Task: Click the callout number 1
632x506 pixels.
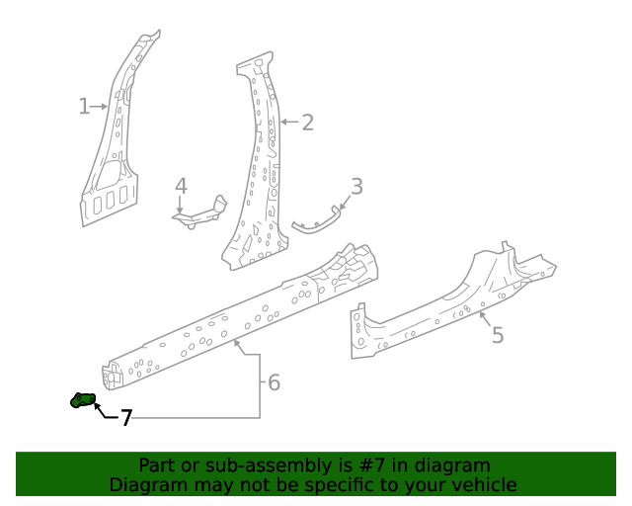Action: [85, 106]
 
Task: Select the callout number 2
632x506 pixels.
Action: [307, 123]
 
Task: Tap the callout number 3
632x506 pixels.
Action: [356, 186]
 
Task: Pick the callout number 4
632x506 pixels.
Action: [181, 186]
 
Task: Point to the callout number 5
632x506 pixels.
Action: [498, 335]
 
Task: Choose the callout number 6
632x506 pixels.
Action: [274, 381]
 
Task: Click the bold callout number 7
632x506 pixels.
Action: [125, 418]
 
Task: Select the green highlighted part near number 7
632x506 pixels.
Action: [82, 400]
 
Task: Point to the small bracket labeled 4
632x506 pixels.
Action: [202, 212]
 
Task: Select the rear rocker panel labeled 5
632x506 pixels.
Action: [444, 296]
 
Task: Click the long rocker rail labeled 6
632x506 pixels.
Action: [237, 316]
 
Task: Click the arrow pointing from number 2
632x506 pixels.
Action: [287, 123]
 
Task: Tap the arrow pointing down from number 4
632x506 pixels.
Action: [181, 206]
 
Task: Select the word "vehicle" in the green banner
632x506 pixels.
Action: [481, 484]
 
